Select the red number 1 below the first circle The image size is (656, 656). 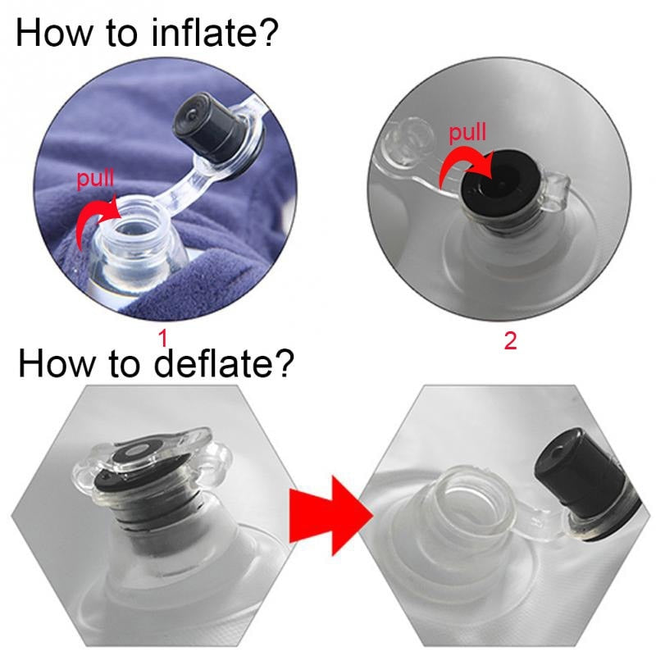pyautogui.click(x=162, y=338)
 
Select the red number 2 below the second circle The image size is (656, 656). pyautogui.click(x=510, y=340)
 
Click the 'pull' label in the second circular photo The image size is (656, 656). pyautogui.click(x=468, y=132)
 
